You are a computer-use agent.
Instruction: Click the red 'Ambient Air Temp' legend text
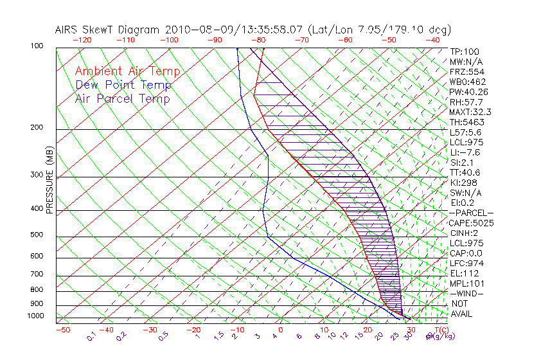coord(127,71)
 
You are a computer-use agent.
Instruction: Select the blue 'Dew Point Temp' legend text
coord(123,85)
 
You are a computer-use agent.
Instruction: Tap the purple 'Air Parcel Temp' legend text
coord(123,98)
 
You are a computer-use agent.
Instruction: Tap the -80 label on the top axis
coord(259,40)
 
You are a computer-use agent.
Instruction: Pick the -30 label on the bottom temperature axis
coord(150,330)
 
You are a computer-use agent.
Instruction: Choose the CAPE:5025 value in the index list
coord(471,223)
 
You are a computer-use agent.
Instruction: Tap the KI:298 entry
coord(463,183)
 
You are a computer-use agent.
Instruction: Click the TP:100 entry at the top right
coord(464,52)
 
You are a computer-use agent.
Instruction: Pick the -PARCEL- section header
coord(471,213)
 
